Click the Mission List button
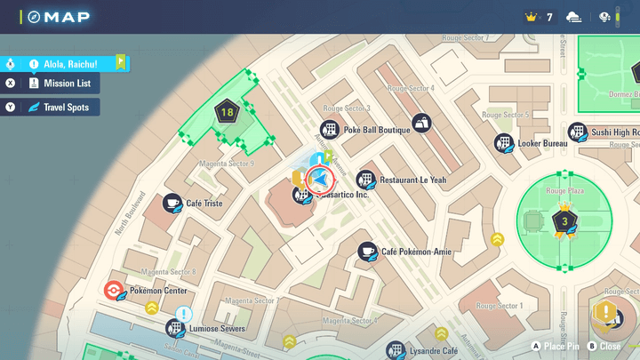(59, 84)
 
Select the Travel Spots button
(59, 108)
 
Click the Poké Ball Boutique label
(376, 130)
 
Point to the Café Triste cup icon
(172, 204)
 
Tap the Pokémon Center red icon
(113, 291)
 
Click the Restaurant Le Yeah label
(412, 180)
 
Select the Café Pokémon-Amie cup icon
(366, 252)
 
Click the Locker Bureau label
(541, 143)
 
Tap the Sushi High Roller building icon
(578, 132)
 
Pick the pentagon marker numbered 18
(227, 113)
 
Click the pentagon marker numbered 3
(562, 220)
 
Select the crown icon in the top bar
(532, 17)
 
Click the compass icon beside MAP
(35, 17)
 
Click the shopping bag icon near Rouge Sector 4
(420, 122)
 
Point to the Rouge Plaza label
(564, 191)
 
